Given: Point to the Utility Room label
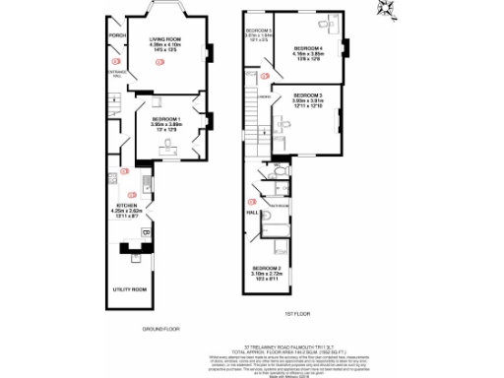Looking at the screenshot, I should click(131, 289).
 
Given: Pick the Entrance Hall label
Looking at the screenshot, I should click(117, 71).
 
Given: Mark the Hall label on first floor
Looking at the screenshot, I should click(252, 212).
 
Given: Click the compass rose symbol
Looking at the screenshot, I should click(387, 10).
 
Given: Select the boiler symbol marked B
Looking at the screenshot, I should click(146, 232).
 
